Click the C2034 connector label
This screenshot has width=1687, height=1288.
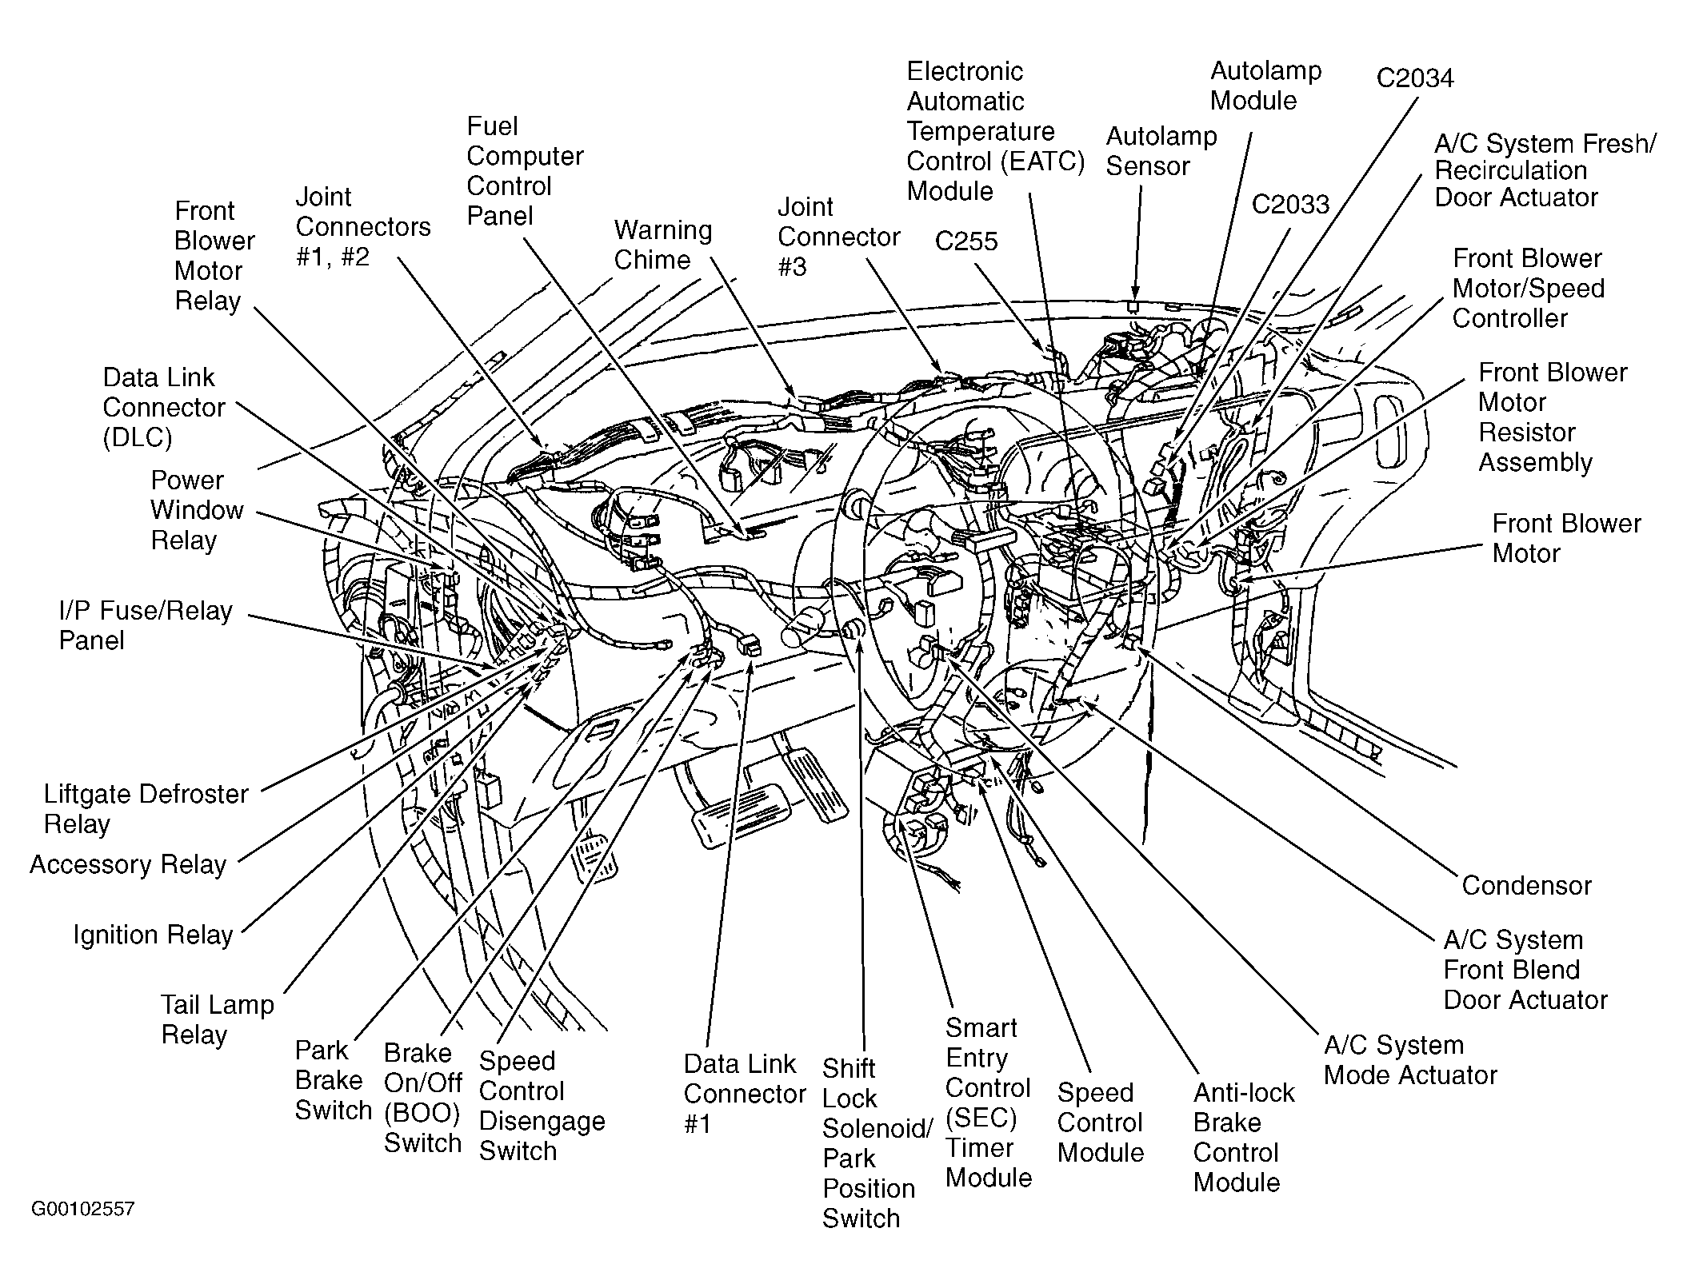[x=1414, y=78]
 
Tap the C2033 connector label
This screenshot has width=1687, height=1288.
[x=1290, y=205]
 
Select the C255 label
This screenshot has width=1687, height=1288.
[x=966, y=241]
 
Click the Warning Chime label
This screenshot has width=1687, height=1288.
[x=663, y=245]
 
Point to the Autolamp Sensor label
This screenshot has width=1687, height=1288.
[x=1161, y=151]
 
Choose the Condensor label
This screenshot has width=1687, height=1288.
[x=1526, y=886]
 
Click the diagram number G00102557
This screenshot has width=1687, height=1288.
[x=82, y=1208]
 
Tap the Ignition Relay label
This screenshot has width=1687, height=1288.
[x=153, y=935]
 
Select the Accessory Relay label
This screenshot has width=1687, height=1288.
[x=128, y=864]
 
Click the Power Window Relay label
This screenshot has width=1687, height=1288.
[x=197, y=510]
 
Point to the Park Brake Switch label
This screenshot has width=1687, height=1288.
[x=334, y=1080]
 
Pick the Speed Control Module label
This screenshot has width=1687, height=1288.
[x=1101, y=1123]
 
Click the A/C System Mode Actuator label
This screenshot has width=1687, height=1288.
[x=1410, y=1060]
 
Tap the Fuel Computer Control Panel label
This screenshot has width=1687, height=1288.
[x=525, y=171]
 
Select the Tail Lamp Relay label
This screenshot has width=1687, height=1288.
[x=218, y=1019]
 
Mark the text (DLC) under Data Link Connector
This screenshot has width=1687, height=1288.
[x=138, y=438]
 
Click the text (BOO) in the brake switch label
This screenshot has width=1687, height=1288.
[x=422, y=1113]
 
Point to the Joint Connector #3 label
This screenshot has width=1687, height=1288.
[x=839, y=237]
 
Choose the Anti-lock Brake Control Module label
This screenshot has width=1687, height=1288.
[x=1243, y=1138]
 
